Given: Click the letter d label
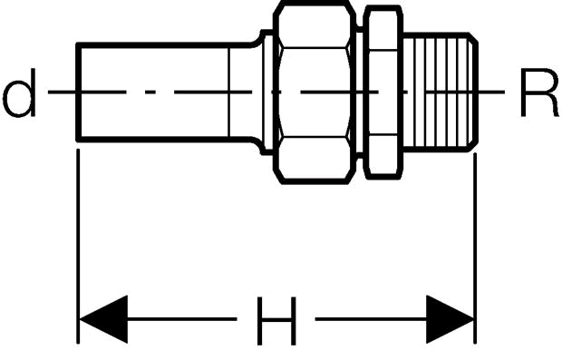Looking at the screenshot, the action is tap(20, 92).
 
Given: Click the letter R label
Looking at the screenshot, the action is tap(539, 92).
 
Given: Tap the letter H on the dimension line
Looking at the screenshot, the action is tap(276, 321).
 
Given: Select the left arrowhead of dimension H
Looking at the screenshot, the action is tap(103, 319).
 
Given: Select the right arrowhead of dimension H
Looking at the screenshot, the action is tap(451, 319).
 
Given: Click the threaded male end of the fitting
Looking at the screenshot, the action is tap(441, 92).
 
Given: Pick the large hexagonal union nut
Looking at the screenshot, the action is tap(315, 92).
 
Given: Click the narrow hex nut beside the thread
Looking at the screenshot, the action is tap(383, 92).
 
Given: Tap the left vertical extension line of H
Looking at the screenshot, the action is tap(78, 247).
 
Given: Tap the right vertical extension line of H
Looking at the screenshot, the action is tap(475, 248).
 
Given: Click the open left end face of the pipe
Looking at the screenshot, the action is tap(79, 92).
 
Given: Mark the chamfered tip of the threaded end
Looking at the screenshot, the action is tap(473, 92).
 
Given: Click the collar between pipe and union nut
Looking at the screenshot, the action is tap(267, 92).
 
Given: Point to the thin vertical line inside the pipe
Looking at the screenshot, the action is tap(228, 92).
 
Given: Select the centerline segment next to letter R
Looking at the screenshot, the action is tap(491, 92).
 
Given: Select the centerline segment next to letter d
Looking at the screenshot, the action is tap(62, 92).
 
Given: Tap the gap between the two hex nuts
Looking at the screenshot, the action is tap(360, 92).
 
